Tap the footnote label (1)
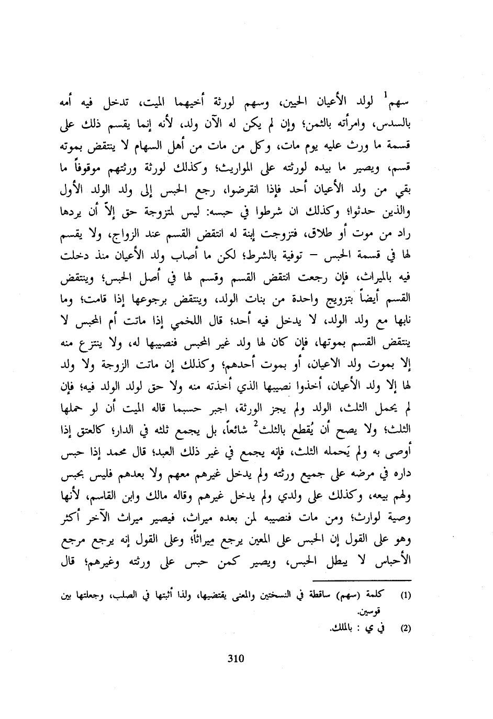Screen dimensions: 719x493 pyautogui.click(x=406, y=595)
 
